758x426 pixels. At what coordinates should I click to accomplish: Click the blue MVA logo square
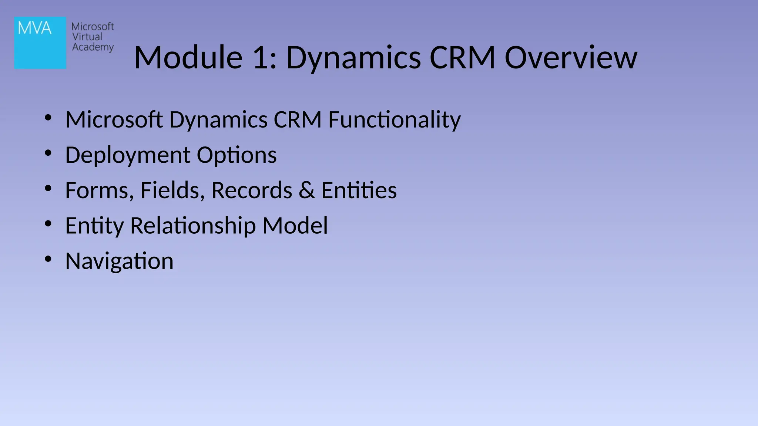40,43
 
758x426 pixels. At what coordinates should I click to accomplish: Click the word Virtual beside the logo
87,37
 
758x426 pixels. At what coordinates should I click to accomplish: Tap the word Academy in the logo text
93,47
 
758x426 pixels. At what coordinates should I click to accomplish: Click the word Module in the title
188,58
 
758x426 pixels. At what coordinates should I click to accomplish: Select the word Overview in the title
571,58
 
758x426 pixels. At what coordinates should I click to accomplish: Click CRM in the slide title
462,58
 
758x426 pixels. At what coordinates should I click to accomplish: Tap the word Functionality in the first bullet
394,120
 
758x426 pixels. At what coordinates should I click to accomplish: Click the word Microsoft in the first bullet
114,120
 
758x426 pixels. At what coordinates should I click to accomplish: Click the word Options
237,155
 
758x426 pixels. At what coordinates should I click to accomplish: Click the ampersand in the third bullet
307,190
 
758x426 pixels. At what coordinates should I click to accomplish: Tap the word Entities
359,190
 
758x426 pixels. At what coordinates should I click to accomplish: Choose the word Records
252,190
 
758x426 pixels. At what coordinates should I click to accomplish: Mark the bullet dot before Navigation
48,259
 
